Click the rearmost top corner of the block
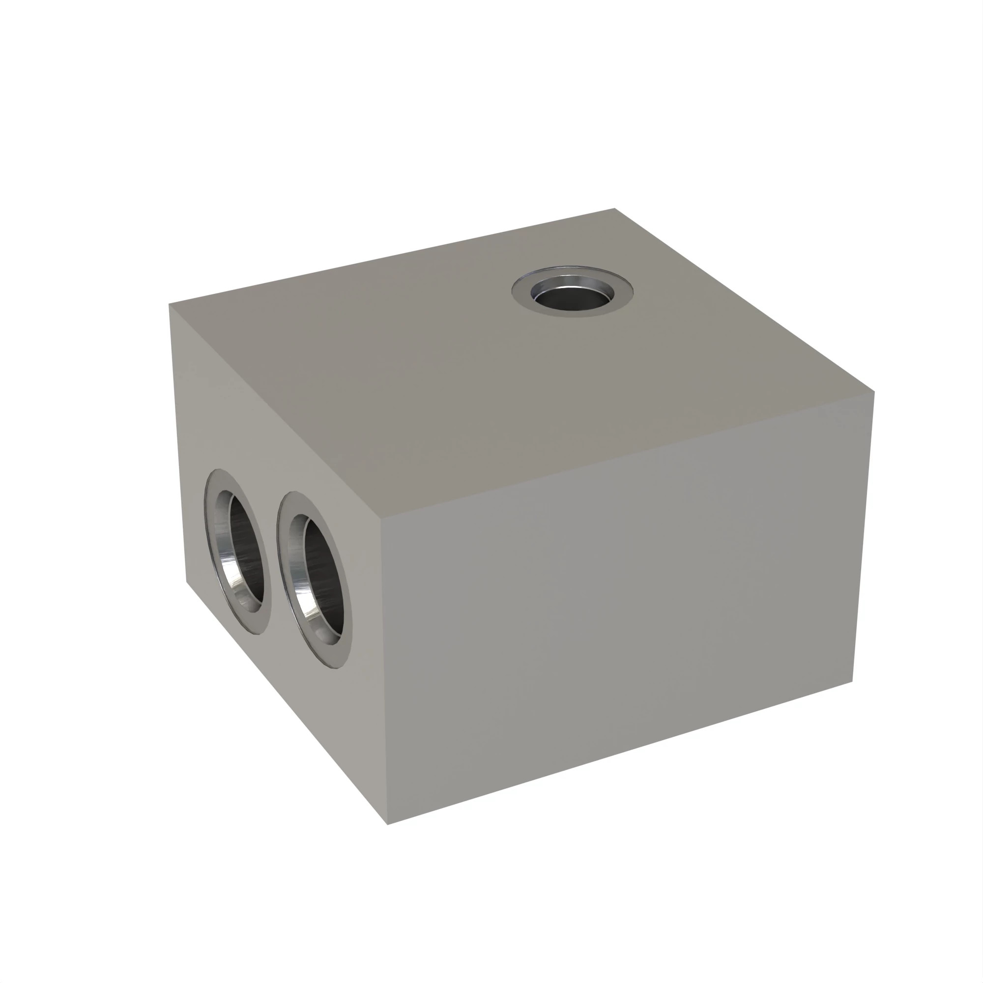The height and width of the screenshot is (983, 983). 615,208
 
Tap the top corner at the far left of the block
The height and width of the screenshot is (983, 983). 170,304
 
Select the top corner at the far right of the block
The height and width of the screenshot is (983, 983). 874,392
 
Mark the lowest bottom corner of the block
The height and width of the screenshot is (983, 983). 388,824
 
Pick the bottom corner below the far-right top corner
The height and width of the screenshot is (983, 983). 852,682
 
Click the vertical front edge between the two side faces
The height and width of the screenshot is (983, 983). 384,671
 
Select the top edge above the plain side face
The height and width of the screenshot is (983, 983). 626,457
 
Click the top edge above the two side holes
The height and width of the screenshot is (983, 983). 275,412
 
